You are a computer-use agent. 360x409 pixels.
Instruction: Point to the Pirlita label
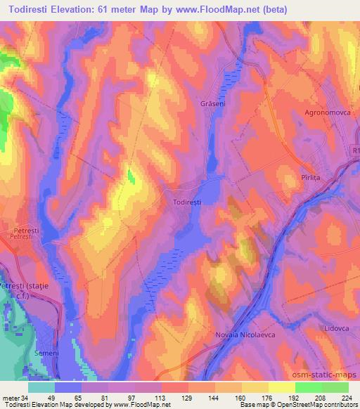tap(310, 178)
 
